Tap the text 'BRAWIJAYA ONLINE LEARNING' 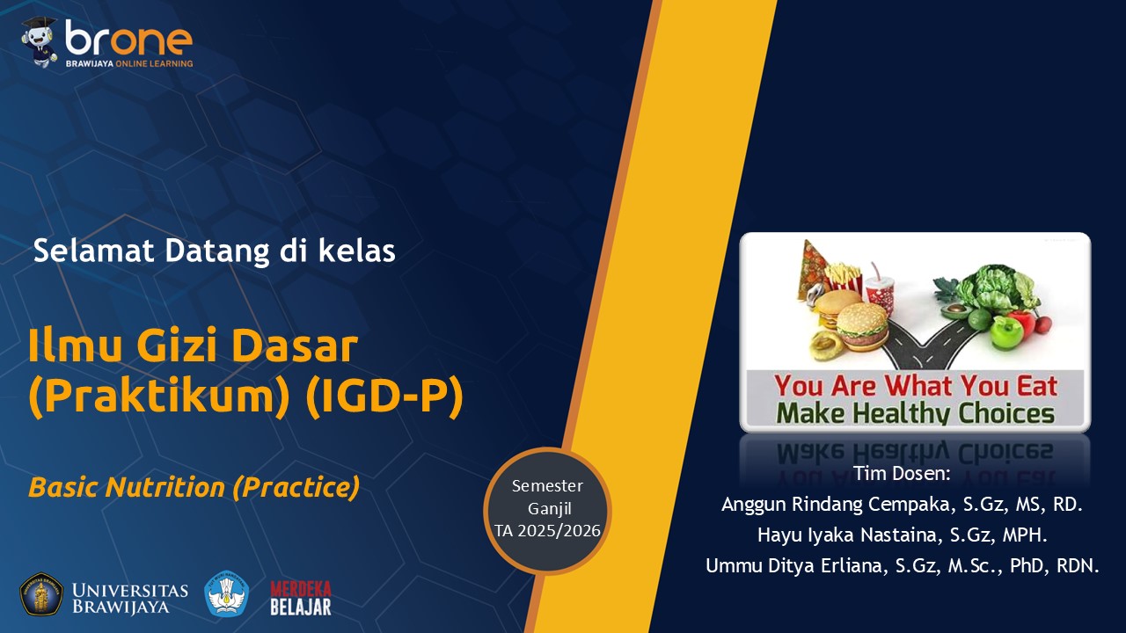[x=129, y=64]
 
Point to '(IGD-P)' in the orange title [x=384, y=397]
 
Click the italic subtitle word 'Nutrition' [x=165, y=487]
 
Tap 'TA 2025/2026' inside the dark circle [x=547, y=531]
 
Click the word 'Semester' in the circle [x=547, y=486]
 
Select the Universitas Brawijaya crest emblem [x=41, y=594]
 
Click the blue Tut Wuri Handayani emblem [x=227, y=593]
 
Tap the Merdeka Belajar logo [x=301, y=598]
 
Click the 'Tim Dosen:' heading [x=903, y=473]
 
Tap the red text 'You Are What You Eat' [x=916, y=386]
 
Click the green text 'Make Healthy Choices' [x=916, y=413]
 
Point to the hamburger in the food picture [x=863, y=325]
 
